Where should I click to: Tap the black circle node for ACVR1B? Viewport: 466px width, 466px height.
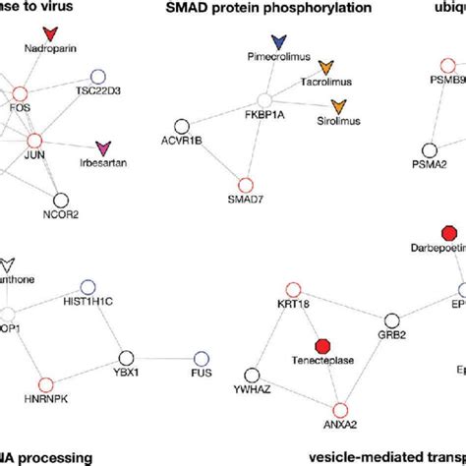pyautogui.click(x=182, y=126)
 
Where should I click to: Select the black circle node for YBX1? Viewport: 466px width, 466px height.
pyautogui.click(x=126, y=358)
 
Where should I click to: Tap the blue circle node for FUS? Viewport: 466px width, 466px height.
pyautogui.click(x=202, y=358)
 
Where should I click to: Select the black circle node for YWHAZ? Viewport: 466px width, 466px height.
pyautogui.click(x=253, y=375)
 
